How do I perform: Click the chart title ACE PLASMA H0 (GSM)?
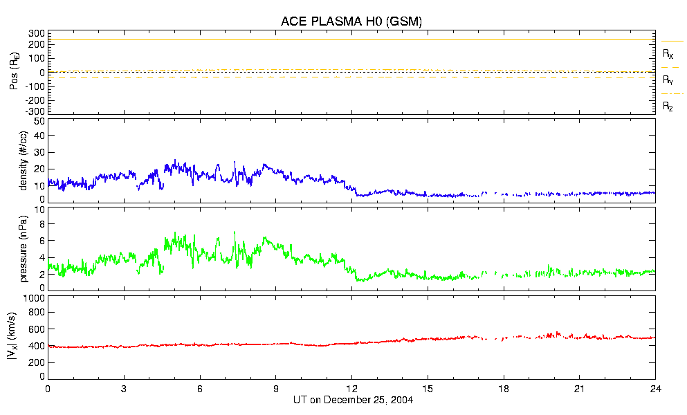(x=351, y=21)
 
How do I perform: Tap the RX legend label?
(x=668, y=54)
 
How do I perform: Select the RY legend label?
(x=668, y=80)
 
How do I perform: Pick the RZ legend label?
(x=668, y=107)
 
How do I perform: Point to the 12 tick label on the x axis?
(x=351, y=389)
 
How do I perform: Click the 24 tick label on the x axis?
(x=655, y=389)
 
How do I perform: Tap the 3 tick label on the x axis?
(x=124, y=389)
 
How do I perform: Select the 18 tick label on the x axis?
(x=504, y=389)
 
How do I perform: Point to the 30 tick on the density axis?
(x=39, y=154)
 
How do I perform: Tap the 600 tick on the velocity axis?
(x=36, y=330)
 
